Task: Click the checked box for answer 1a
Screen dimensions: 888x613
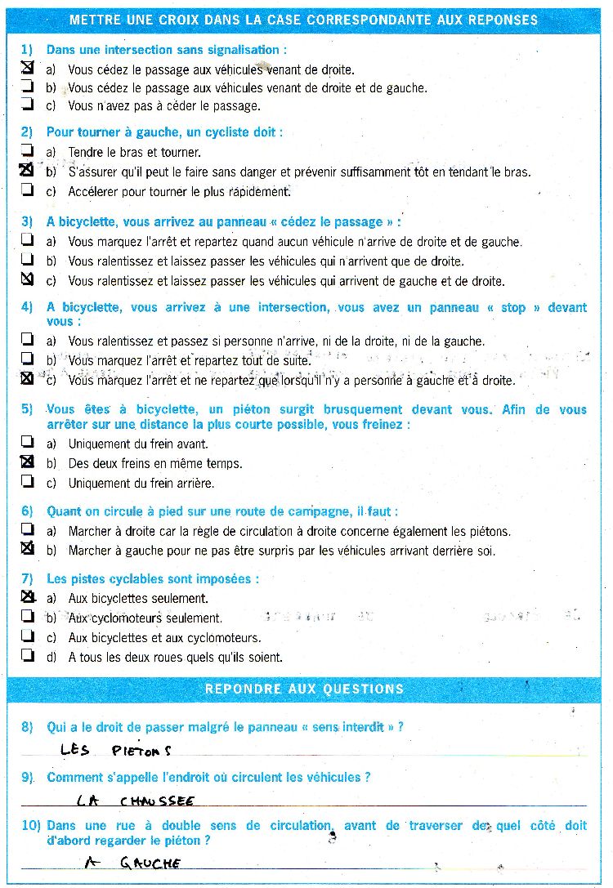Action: tap(27, 69)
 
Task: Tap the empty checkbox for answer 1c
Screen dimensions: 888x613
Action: tap(27, 105)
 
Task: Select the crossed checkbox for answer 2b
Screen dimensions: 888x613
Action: tap(27, 171)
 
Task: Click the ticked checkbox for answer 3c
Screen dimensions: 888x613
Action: tap(27, 279)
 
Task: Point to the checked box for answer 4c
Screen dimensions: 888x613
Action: tap(27, 379)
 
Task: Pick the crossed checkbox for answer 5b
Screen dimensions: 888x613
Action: tap(27, 462)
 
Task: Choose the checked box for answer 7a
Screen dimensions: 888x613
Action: tap(27, 597)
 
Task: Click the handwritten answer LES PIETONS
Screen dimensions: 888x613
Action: tap(115, 749)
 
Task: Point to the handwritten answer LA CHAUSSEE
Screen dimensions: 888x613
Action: tap(135, 801)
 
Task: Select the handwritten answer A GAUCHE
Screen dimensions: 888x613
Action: tap(133, 863)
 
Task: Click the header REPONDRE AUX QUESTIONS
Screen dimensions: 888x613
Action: tap(304, 689)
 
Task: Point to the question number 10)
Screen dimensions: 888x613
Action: tap(31, 826)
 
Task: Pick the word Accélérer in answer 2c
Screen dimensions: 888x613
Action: tap(94, 192)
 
